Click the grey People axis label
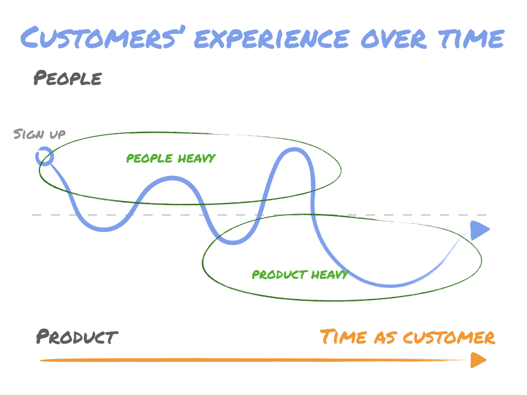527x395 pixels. [67, 79]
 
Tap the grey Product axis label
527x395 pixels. [77, 337]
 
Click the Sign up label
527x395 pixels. [40, 134]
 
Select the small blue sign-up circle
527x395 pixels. [45, 156]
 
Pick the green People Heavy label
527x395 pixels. [170, 158]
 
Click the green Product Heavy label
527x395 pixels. [300, 275]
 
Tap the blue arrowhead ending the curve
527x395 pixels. [479, 230]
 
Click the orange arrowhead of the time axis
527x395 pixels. [478, 360]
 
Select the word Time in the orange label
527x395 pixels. [344, 337]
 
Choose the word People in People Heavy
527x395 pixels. [149, 158]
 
